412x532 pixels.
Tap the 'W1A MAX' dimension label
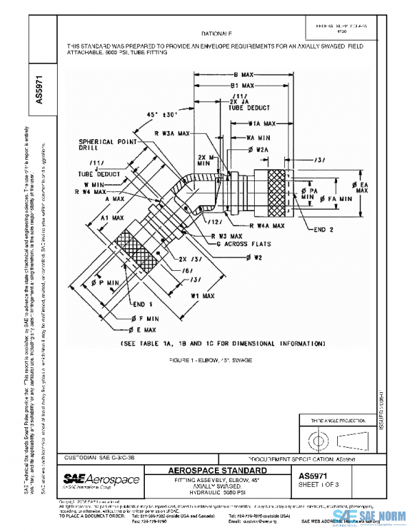(261, 124)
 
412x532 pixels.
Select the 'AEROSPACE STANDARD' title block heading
(222, 471)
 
